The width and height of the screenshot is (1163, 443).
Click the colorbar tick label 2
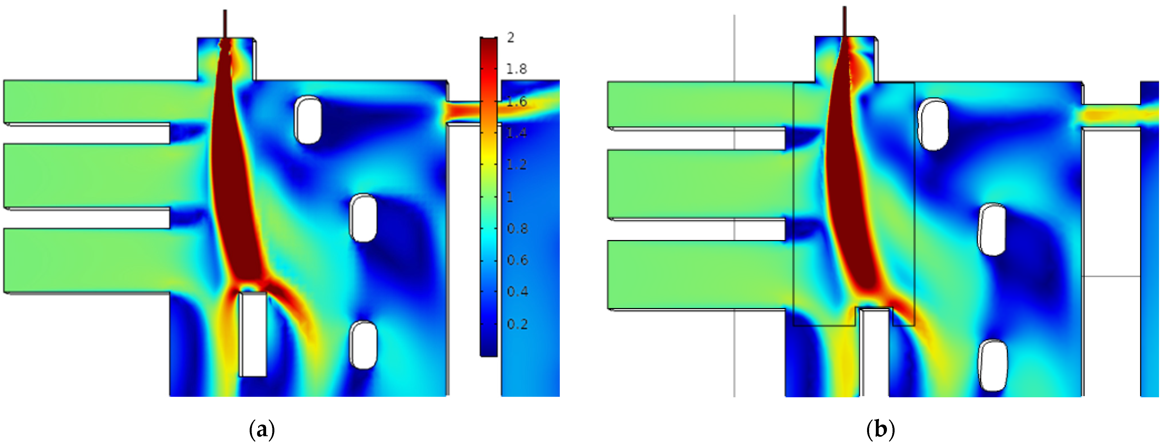(x=511, y=37)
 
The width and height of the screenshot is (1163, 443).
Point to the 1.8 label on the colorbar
(x=516, y=69)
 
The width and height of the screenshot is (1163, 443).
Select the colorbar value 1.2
(x=516, y=164)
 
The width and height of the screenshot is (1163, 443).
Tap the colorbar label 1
(x=510, y=197)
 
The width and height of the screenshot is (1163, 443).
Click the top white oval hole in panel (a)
(x=308, y=120)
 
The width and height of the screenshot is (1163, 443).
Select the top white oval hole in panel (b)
(x=933, y=124)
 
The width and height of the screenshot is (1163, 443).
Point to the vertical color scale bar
(x=489, y=197)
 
